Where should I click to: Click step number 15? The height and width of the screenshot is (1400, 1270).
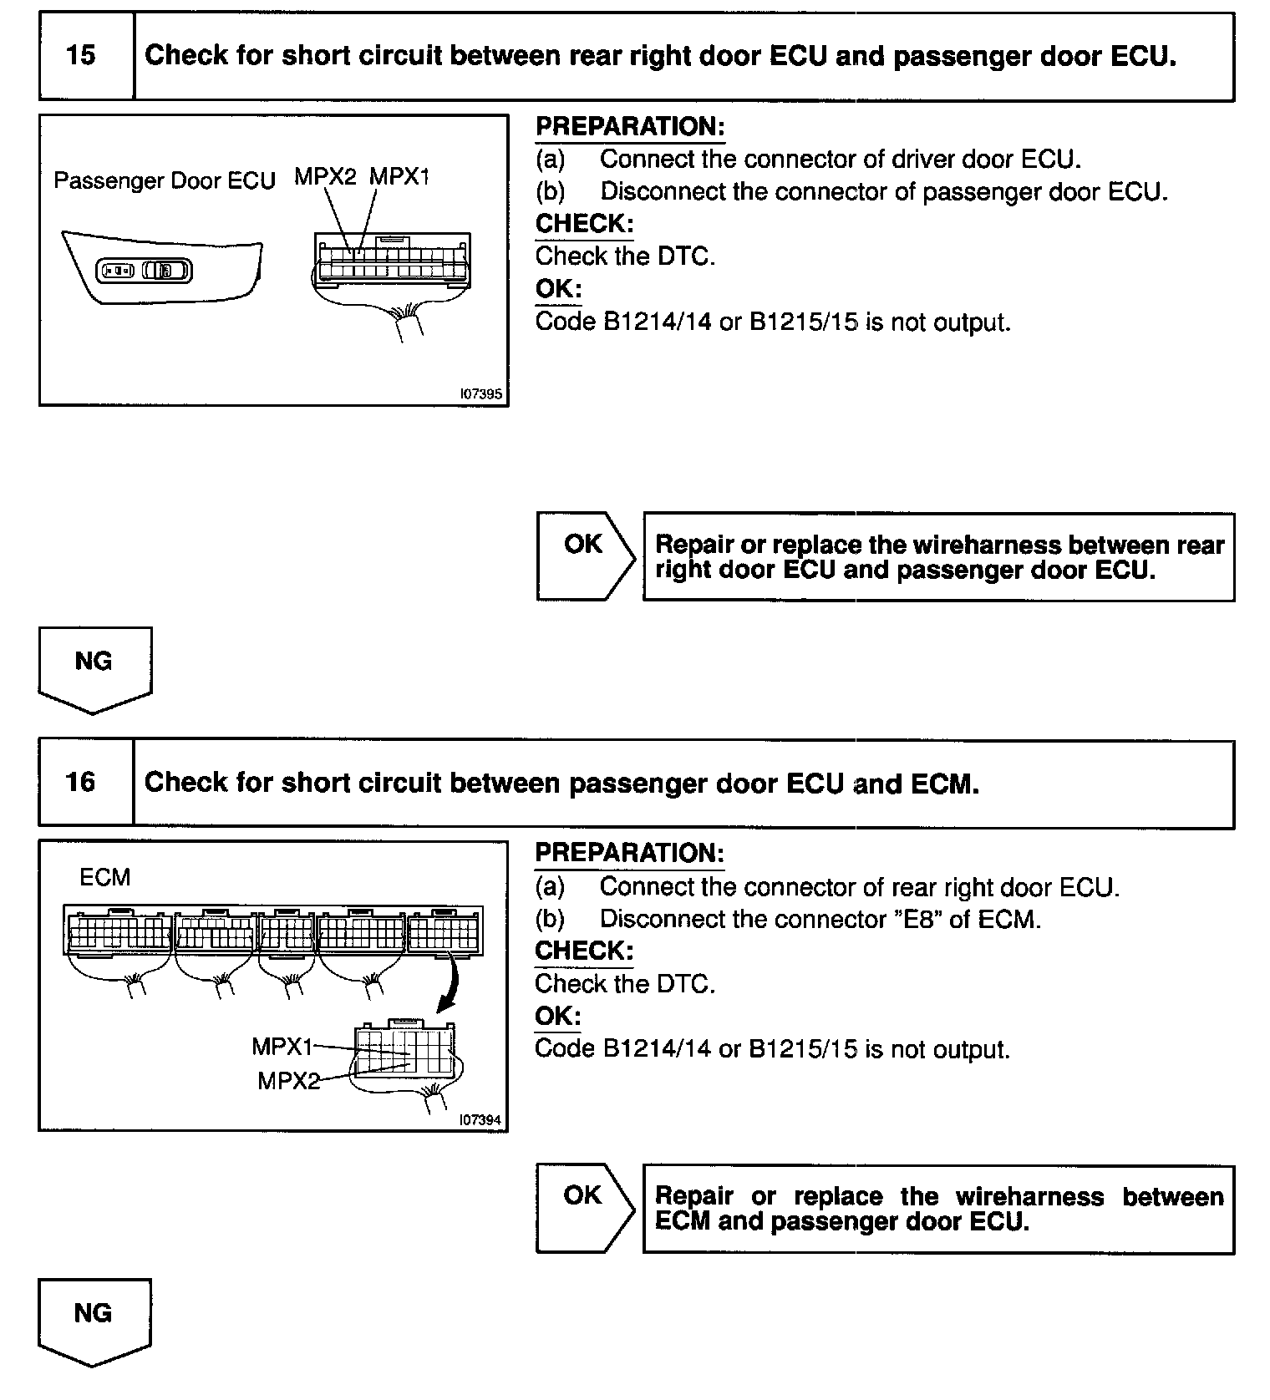point(81,56)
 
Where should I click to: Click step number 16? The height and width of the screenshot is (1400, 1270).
point(81,783)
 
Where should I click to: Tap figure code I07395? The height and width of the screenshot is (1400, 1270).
point(480,393)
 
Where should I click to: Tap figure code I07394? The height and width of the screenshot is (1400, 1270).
point(480,1119)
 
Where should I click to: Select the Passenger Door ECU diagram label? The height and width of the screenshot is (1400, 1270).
point(164,181)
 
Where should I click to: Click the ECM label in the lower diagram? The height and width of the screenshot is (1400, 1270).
point(104,878)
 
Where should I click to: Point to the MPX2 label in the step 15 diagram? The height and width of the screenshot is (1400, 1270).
point(325,177)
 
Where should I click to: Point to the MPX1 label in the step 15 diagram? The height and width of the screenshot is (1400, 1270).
point(399,177)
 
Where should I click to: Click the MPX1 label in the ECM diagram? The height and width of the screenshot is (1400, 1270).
point(282,1047)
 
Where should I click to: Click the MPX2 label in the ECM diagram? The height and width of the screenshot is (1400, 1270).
point(288,1081)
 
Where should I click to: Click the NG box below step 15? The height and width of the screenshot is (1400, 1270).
point(94,668)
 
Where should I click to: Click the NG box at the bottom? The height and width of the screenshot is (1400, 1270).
point(94,1320)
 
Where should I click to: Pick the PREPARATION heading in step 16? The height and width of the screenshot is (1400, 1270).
point(629,854)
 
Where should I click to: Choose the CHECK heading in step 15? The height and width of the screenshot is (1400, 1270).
point(584,224)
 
